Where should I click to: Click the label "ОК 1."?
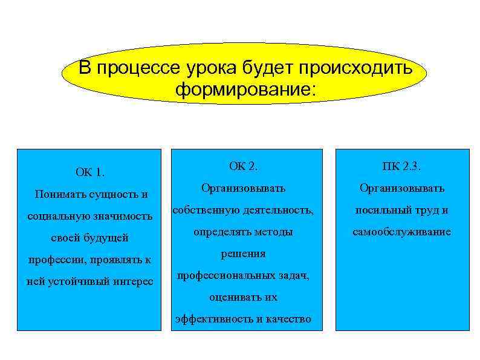tap(90, 172)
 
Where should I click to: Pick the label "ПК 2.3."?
tap(402, 165)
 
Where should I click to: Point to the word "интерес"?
tap(134, 282)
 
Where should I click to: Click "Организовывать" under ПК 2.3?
tap(402, 189)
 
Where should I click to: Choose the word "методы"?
tap(273, 232)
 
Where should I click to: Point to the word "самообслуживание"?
tap(402, 232)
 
